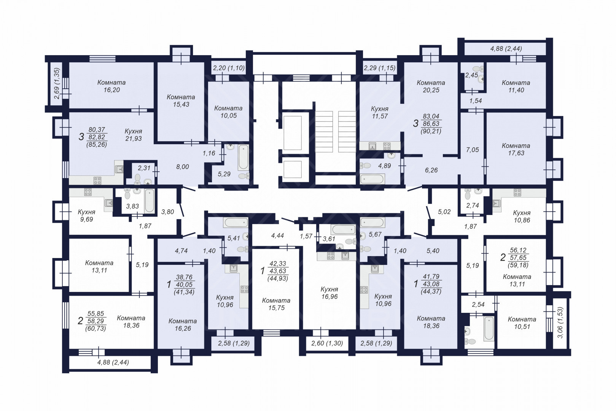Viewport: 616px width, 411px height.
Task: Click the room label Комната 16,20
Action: (111, 86)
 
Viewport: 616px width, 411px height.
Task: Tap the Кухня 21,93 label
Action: (134, 135)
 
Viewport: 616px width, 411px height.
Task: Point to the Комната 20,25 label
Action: (431, 86)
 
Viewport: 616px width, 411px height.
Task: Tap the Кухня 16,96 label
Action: (329, 293)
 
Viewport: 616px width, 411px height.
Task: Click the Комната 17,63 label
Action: (516, 150)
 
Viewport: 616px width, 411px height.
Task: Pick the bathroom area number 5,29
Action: (224, 174)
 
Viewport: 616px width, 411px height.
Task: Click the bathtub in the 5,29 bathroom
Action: (243, 157)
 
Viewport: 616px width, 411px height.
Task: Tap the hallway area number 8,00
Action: (182, 167)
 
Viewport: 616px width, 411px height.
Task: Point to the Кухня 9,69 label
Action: (86, 216)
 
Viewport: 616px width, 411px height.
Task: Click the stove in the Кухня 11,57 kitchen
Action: (387, 146)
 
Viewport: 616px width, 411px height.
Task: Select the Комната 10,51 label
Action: (522, 323)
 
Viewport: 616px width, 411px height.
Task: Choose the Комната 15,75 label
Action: (276, 304)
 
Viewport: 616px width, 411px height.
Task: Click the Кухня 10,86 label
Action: (522, 217)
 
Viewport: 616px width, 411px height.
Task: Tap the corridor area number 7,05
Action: (473, 150)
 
